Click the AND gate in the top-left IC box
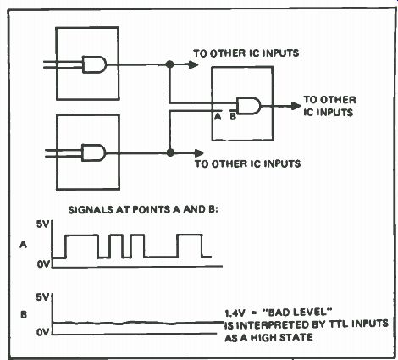pos(95,64)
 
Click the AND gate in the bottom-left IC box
pos(94,152)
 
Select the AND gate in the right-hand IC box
pos(249,106)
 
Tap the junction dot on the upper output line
pos(169,64)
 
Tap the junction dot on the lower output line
pos(170,152)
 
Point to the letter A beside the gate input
pos(218,116)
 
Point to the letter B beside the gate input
pos(233,116)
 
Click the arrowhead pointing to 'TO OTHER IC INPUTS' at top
pos(193,64)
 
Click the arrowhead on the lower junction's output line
pos(198,153)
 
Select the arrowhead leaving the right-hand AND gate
pos(296,106)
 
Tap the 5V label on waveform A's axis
pos(42,224)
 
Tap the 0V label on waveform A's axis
pos(43,264)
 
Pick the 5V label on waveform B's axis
pos(42,297)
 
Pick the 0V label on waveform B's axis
pos(43,332)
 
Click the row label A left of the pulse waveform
pos(23,245)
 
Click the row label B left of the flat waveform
pos(24,314)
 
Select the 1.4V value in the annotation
pos(235,313)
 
